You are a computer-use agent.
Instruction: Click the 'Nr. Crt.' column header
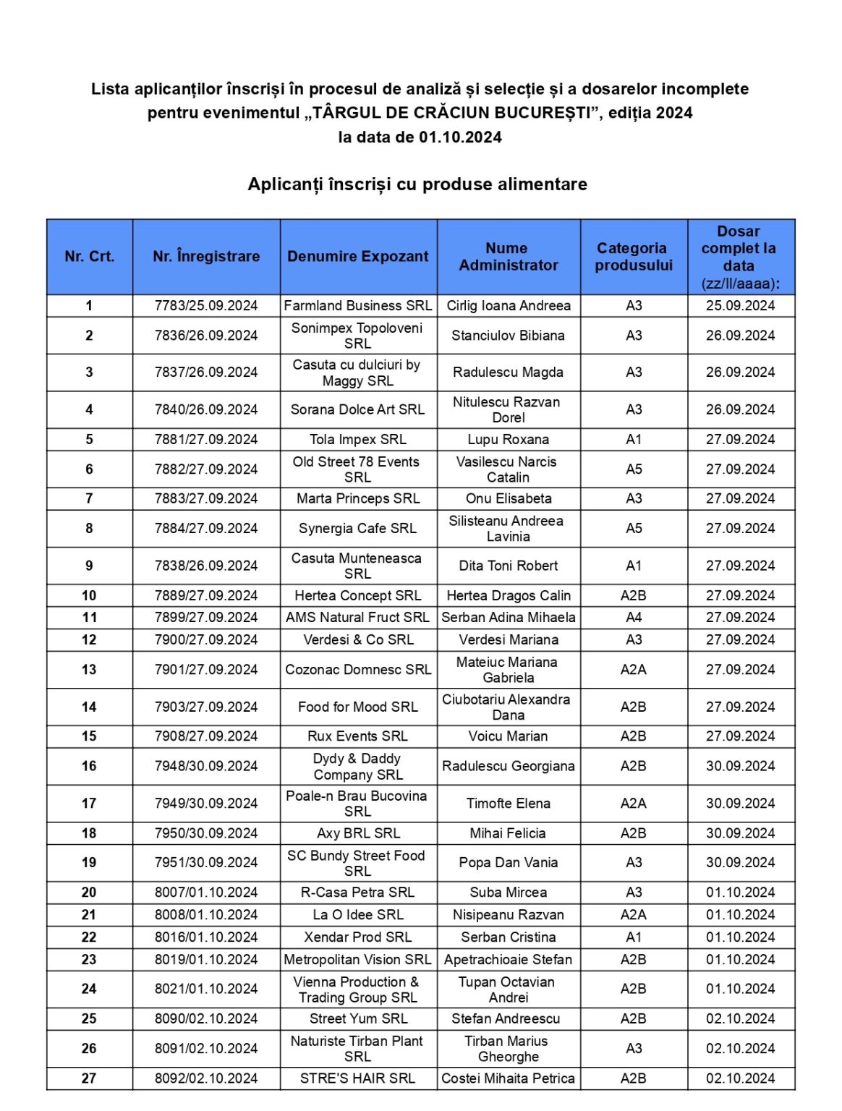[89, 256]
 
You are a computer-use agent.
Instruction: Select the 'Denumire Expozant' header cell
[357, 256]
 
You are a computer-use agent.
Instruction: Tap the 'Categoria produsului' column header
[633, 256]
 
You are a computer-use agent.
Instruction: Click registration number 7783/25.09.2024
[206, 305]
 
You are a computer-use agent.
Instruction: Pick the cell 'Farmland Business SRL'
[357, 305]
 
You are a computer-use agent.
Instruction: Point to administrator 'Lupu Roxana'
[508, 439]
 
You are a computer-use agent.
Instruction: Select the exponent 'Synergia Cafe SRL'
[357, 528]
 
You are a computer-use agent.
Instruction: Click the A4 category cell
[633, 617]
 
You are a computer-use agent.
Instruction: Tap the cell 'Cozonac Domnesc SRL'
[357, 669]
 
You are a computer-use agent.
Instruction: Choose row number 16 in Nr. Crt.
[89, 766]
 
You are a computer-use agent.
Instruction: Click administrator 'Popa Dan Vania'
[508, 862]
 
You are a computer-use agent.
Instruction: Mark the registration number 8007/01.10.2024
[206, 892]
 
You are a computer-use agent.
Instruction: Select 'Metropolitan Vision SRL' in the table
[357, 959]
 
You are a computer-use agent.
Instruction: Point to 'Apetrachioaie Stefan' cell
[508, 959]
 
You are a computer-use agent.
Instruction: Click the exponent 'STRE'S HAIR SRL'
[357, 1078]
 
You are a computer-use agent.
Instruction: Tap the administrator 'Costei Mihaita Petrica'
[508, 1078]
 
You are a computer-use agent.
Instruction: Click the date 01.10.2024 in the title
[460, 137]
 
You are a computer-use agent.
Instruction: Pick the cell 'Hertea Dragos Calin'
[508, 595]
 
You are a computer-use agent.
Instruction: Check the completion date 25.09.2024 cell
[740, 305]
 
